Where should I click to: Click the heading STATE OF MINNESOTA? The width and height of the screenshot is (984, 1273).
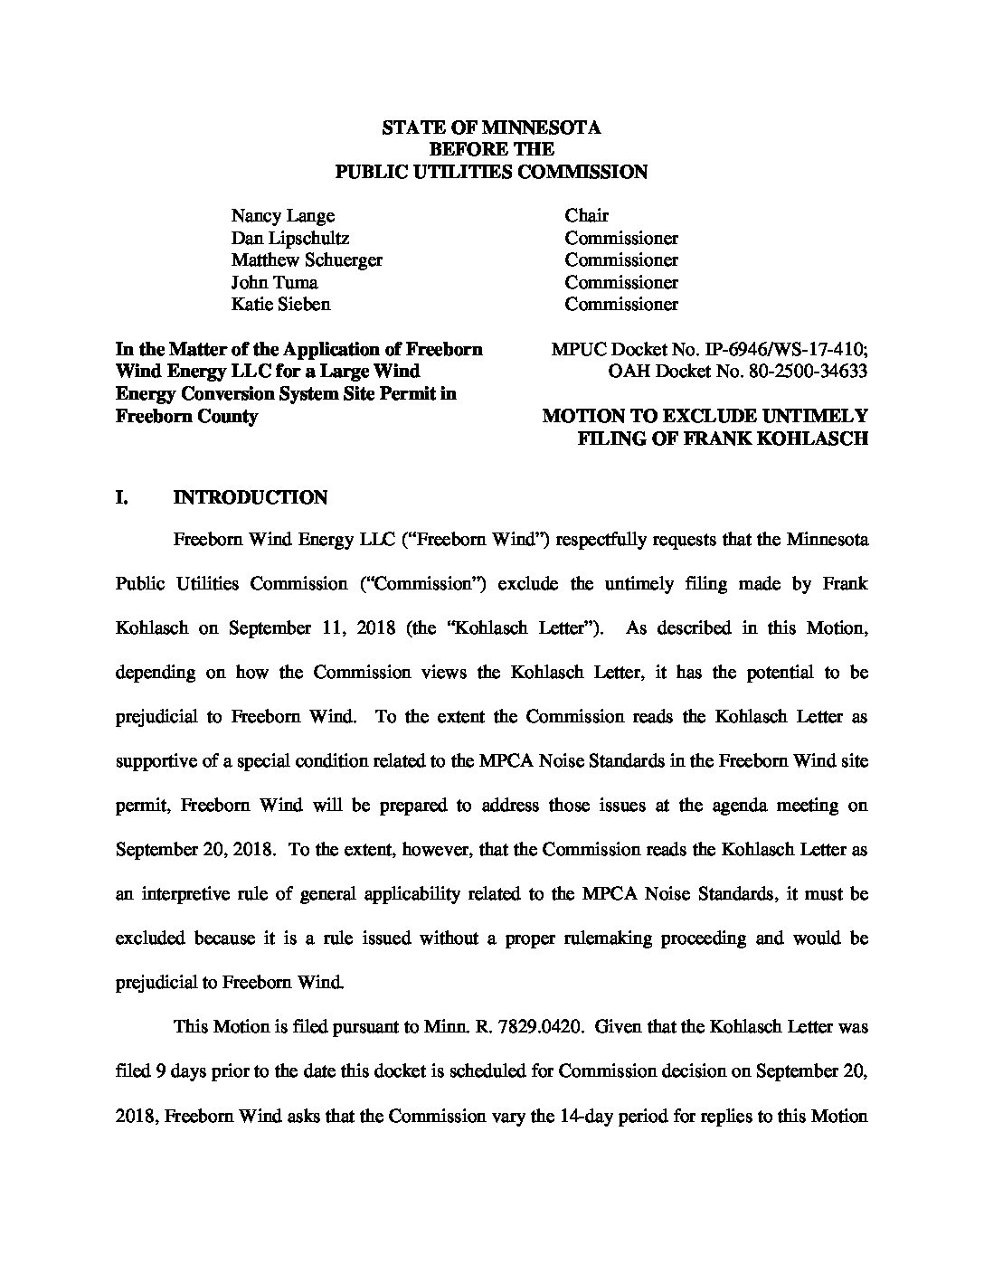pyautogui.click(x=491, y=127)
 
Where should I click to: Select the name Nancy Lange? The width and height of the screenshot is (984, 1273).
pyautogui.click(x=282, y=215)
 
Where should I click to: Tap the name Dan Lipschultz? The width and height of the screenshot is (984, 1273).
pyautogui.click(x=289, y=238)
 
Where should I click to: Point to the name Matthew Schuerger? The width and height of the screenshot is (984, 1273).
pyautogui.click(x=307, y=259)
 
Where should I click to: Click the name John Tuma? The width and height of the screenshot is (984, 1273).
pyautogui.click(x=274, y=282)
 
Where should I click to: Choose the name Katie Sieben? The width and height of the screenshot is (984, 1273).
pyautogui.click(x=280, y=304)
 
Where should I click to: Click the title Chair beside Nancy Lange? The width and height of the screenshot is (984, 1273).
pyautogui.click(x=586, y=215)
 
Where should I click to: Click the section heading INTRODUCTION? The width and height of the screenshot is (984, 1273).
pyautogui.click(x=250, y=497)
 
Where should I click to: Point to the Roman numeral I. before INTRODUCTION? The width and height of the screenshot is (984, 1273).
pyautogui.click(x=123, y=497)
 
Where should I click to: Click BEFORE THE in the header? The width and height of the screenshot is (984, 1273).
pyautogui.click(x=491, y=149)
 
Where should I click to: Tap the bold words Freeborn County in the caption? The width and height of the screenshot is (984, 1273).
pyautogui.click(x=186, y=416)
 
